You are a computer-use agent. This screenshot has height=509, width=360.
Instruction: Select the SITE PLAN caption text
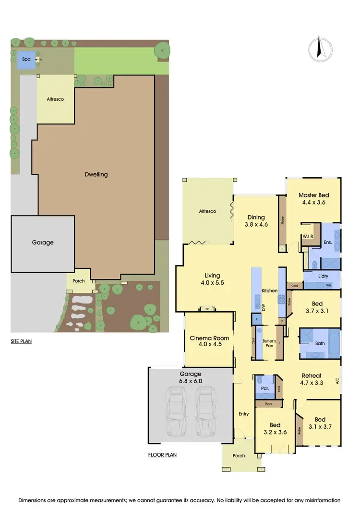click(x=22, y=342)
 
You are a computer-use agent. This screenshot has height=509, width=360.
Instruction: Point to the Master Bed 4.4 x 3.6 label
click(x=313, y=199)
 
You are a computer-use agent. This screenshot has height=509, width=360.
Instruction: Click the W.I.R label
click(x=307, y=236)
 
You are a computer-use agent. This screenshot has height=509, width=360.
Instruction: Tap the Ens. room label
click(x=328, y=243)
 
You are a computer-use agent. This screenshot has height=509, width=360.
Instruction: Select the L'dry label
click(x=322, y=277)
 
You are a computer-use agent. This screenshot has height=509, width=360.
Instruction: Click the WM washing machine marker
click(x=328, y=286)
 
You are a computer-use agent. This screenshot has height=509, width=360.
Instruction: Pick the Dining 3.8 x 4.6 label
click(x=256, y=220)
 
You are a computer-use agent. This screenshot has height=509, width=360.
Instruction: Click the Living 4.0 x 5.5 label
click(x=212, y=279)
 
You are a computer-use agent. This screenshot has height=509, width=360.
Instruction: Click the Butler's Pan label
click(x=268, y=343)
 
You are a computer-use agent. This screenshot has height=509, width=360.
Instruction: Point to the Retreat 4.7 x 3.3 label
click(x=311, y=379)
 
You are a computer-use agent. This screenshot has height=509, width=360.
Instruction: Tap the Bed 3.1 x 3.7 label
click(x=320, y=423)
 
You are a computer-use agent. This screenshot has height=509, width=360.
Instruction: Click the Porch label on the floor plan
click(x=239, y=456)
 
